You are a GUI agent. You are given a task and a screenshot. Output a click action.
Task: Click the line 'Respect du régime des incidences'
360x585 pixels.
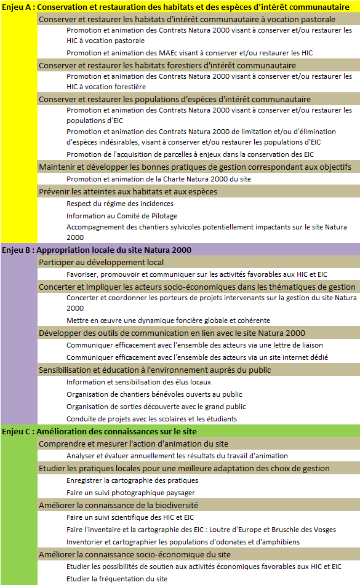120,204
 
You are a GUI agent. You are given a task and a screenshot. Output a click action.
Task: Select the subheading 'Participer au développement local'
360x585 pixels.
101,262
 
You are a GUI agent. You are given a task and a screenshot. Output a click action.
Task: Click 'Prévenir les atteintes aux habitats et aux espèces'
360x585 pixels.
127,191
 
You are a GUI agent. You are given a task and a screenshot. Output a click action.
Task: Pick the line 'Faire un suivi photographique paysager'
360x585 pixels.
130,493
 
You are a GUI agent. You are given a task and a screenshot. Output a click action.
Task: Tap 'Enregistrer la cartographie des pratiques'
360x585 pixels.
132,480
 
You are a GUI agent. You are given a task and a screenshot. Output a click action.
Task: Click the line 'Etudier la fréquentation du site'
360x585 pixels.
117,579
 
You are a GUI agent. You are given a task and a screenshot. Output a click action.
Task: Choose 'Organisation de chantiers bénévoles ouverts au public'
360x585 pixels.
154,394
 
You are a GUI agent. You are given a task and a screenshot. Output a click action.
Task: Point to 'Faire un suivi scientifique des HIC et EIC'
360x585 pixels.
130,517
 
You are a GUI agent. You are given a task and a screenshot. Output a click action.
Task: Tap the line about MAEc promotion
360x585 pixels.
190,53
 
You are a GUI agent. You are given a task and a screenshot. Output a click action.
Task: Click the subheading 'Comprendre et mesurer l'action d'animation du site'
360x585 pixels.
133,444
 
